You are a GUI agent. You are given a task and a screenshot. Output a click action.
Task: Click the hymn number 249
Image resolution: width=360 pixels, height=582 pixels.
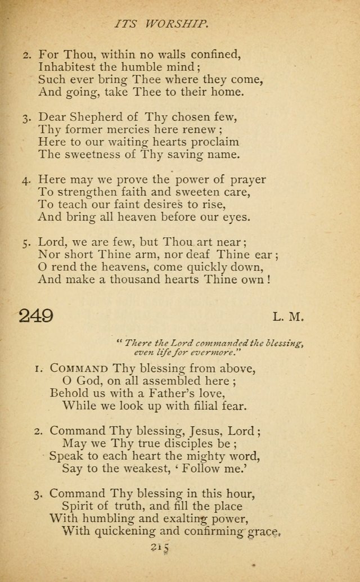pos(36,315)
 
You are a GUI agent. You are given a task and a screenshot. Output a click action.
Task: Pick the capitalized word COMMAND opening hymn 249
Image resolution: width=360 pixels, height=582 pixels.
pos(79,369)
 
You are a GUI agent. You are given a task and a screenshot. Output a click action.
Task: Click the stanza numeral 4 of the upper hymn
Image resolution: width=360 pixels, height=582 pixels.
pos(26,181)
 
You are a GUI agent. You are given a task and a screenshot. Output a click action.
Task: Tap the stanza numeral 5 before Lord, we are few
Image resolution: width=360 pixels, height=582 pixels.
pos(26,243)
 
